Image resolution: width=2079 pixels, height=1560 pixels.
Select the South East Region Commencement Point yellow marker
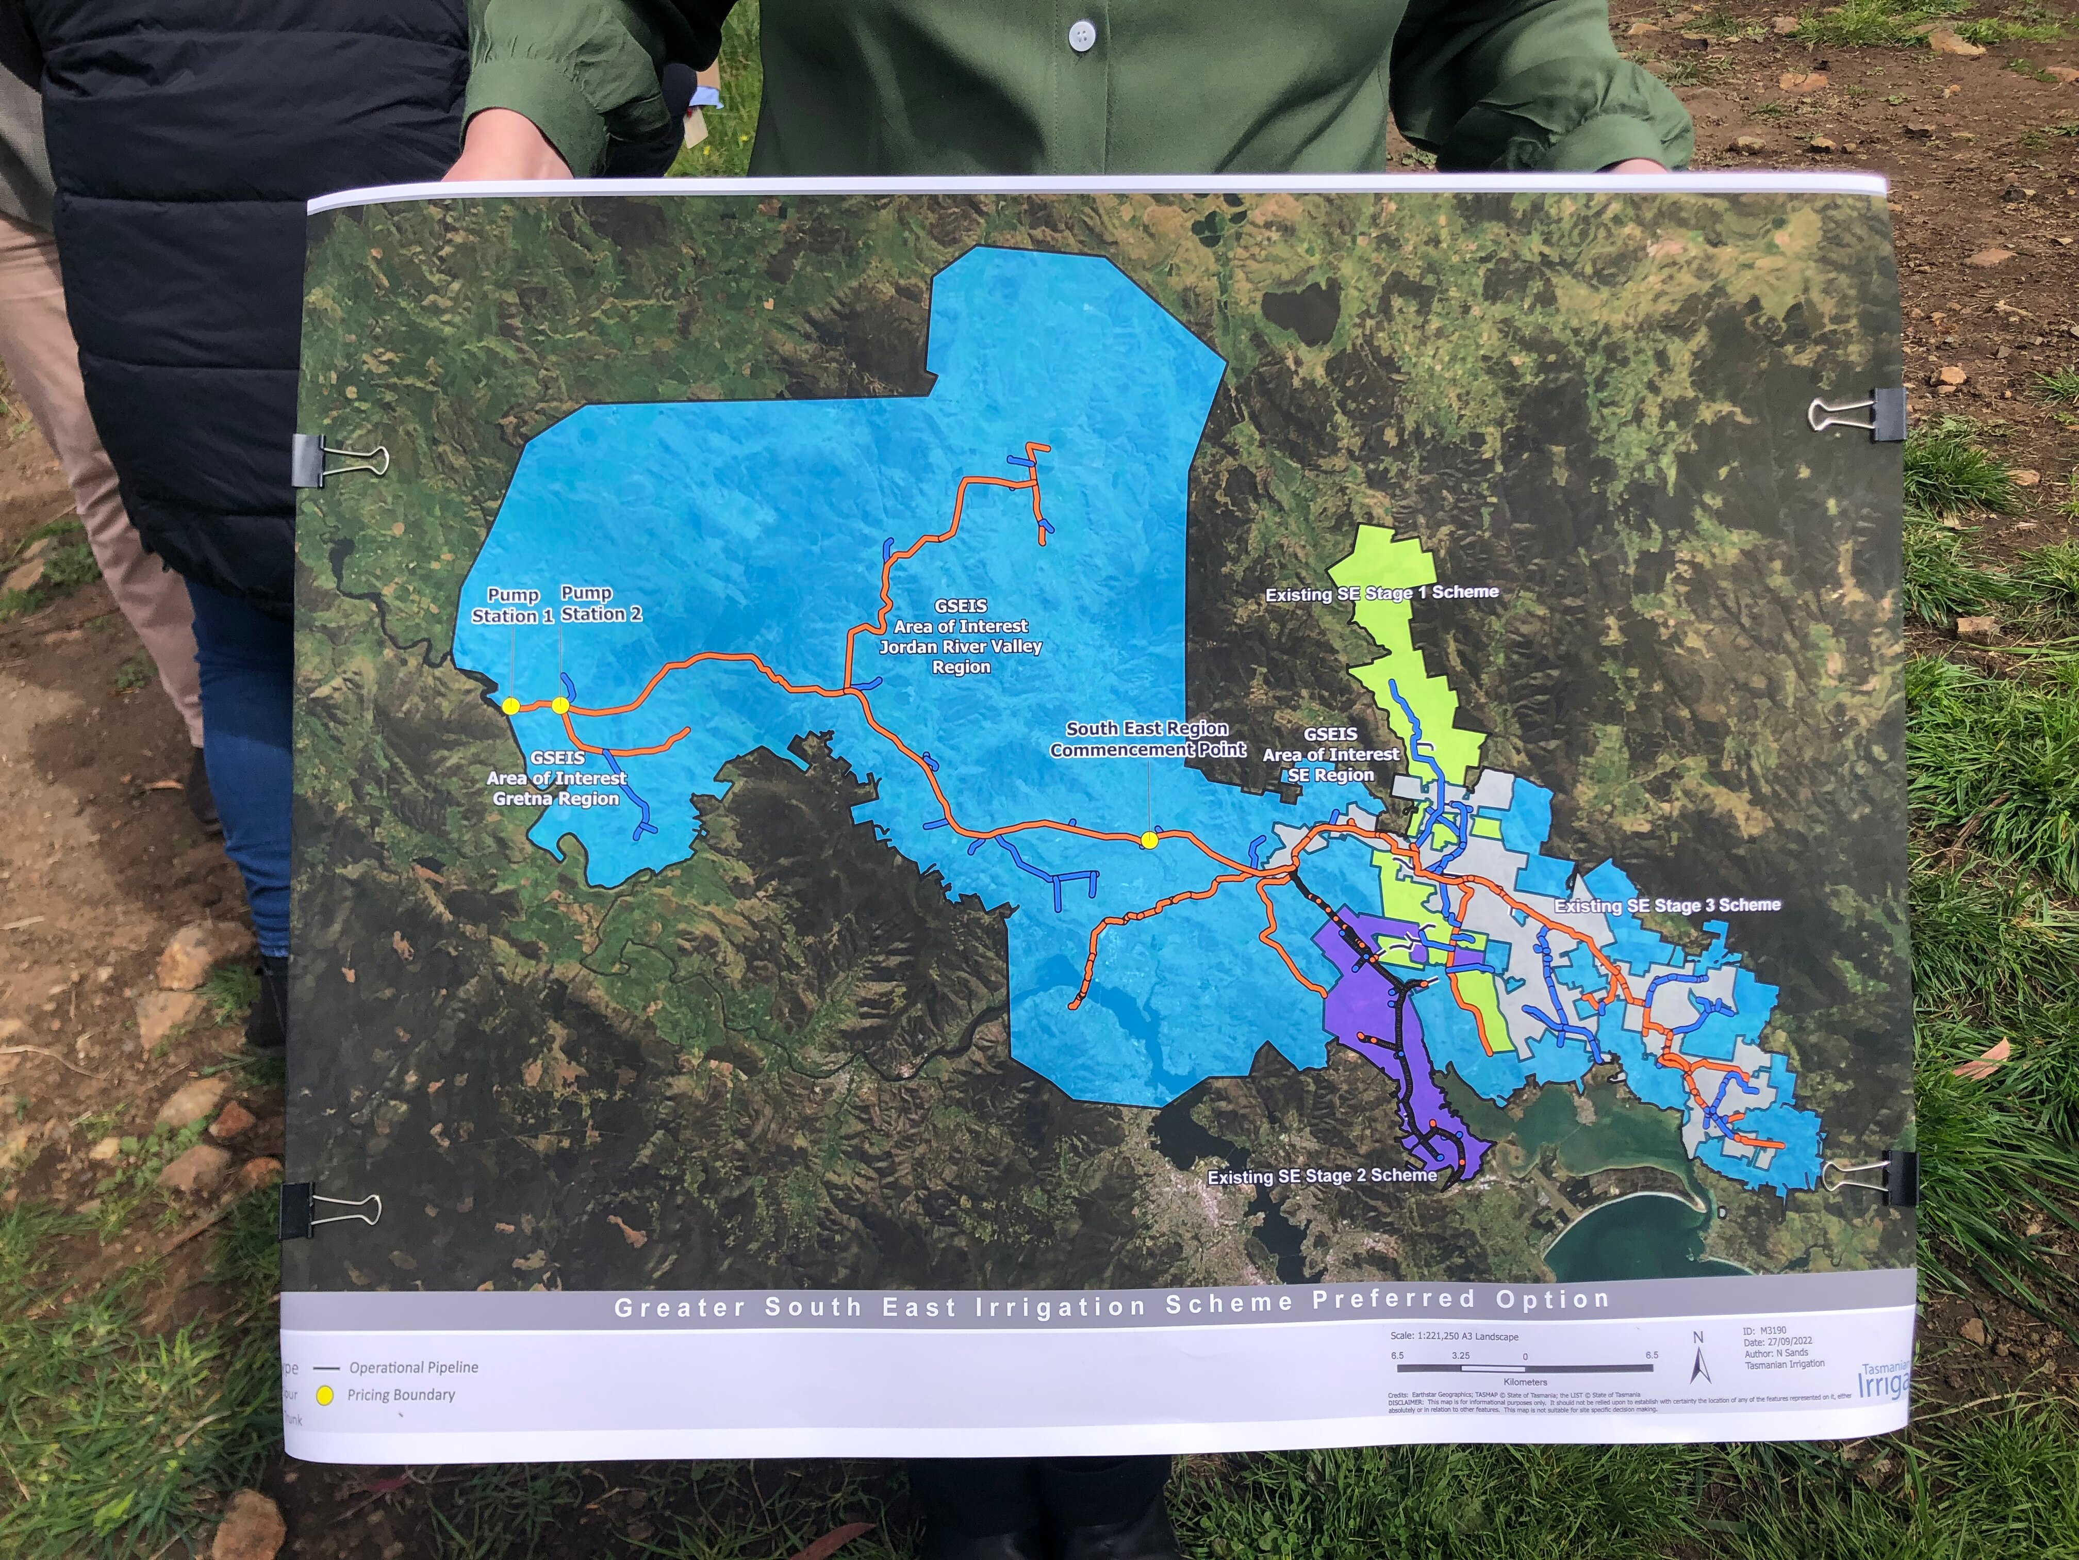(x=1148, y=841)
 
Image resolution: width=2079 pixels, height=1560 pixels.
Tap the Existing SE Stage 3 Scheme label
(x=1666, y=905)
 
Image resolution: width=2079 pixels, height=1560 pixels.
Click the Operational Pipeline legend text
(x=414, y=1367)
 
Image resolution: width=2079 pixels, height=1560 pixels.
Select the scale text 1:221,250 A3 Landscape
(x=1455, y=1336)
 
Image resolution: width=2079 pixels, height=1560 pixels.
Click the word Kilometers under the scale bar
(x=1525, y=1382)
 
